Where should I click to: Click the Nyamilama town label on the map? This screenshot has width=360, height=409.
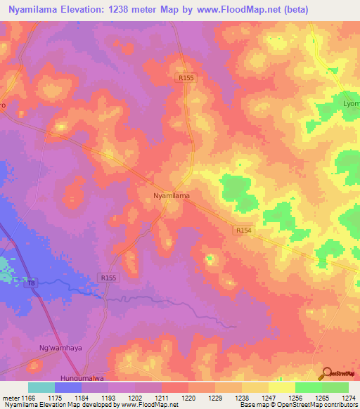172,196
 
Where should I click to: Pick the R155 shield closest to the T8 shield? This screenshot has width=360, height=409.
108,278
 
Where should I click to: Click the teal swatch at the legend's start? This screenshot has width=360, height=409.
41,387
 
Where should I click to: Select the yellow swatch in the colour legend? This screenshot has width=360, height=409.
282,387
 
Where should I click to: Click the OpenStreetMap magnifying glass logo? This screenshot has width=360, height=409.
327,373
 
